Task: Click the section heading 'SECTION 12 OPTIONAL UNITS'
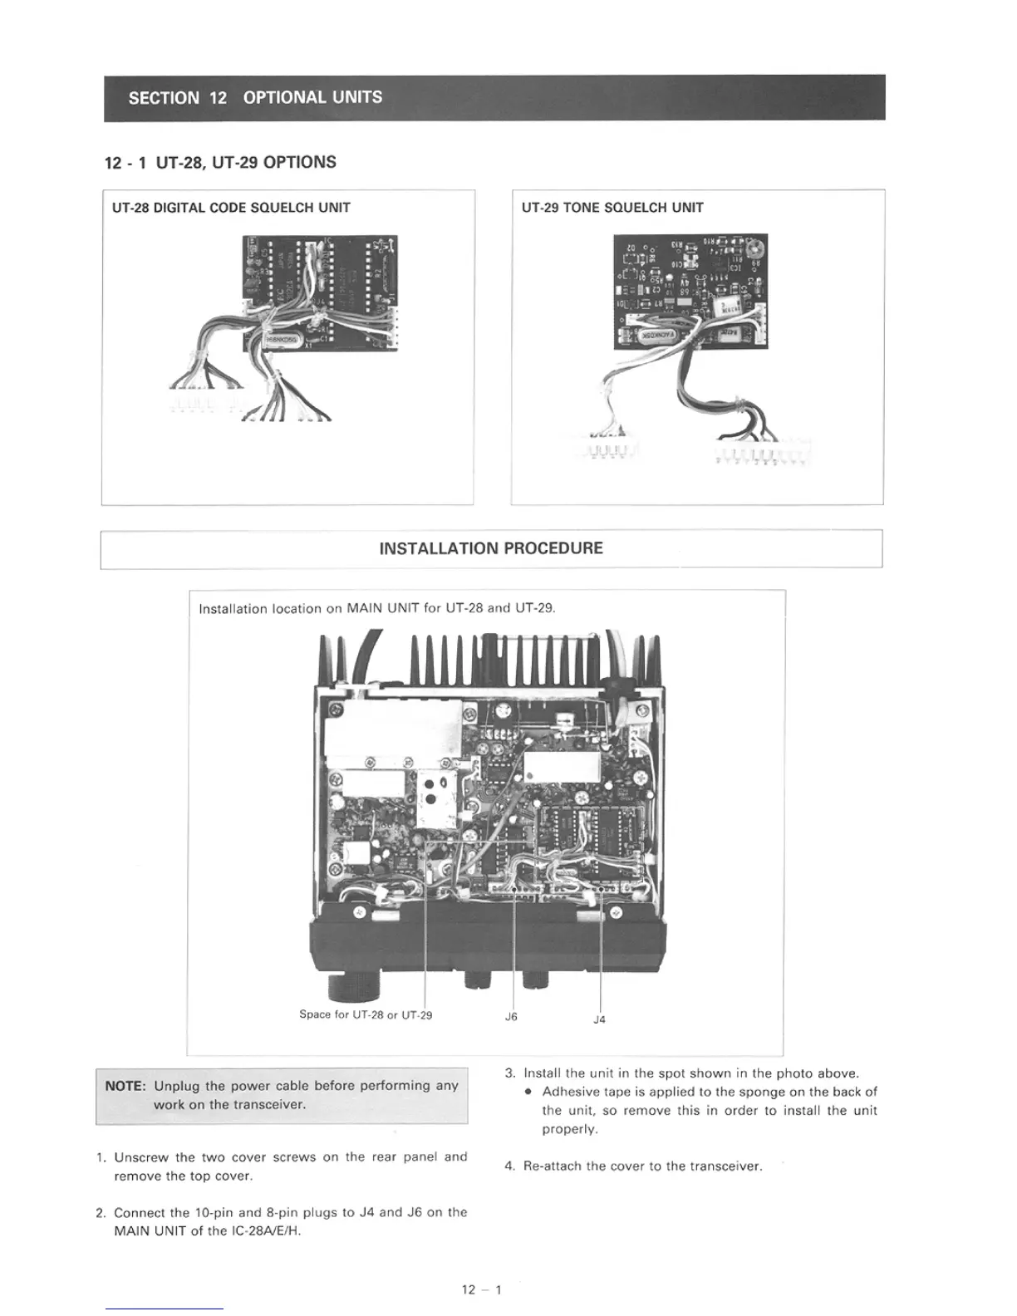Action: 255,97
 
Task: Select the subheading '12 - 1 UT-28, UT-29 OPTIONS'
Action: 220,162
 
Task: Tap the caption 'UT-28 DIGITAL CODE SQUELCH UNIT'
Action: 231,208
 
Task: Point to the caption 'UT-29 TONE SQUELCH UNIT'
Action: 612,208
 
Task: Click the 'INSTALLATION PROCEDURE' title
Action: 491,548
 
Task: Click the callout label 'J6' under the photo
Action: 511,1017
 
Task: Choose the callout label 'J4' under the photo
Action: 599,1019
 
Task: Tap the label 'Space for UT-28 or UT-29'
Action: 366,1014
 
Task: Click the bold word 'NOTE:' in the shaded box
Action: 125,1086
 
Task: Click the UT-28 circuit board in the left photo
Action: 320,291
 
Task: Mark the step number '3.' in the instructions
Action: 510,1073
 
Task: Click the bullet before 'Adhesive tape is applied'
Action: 528,1093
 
